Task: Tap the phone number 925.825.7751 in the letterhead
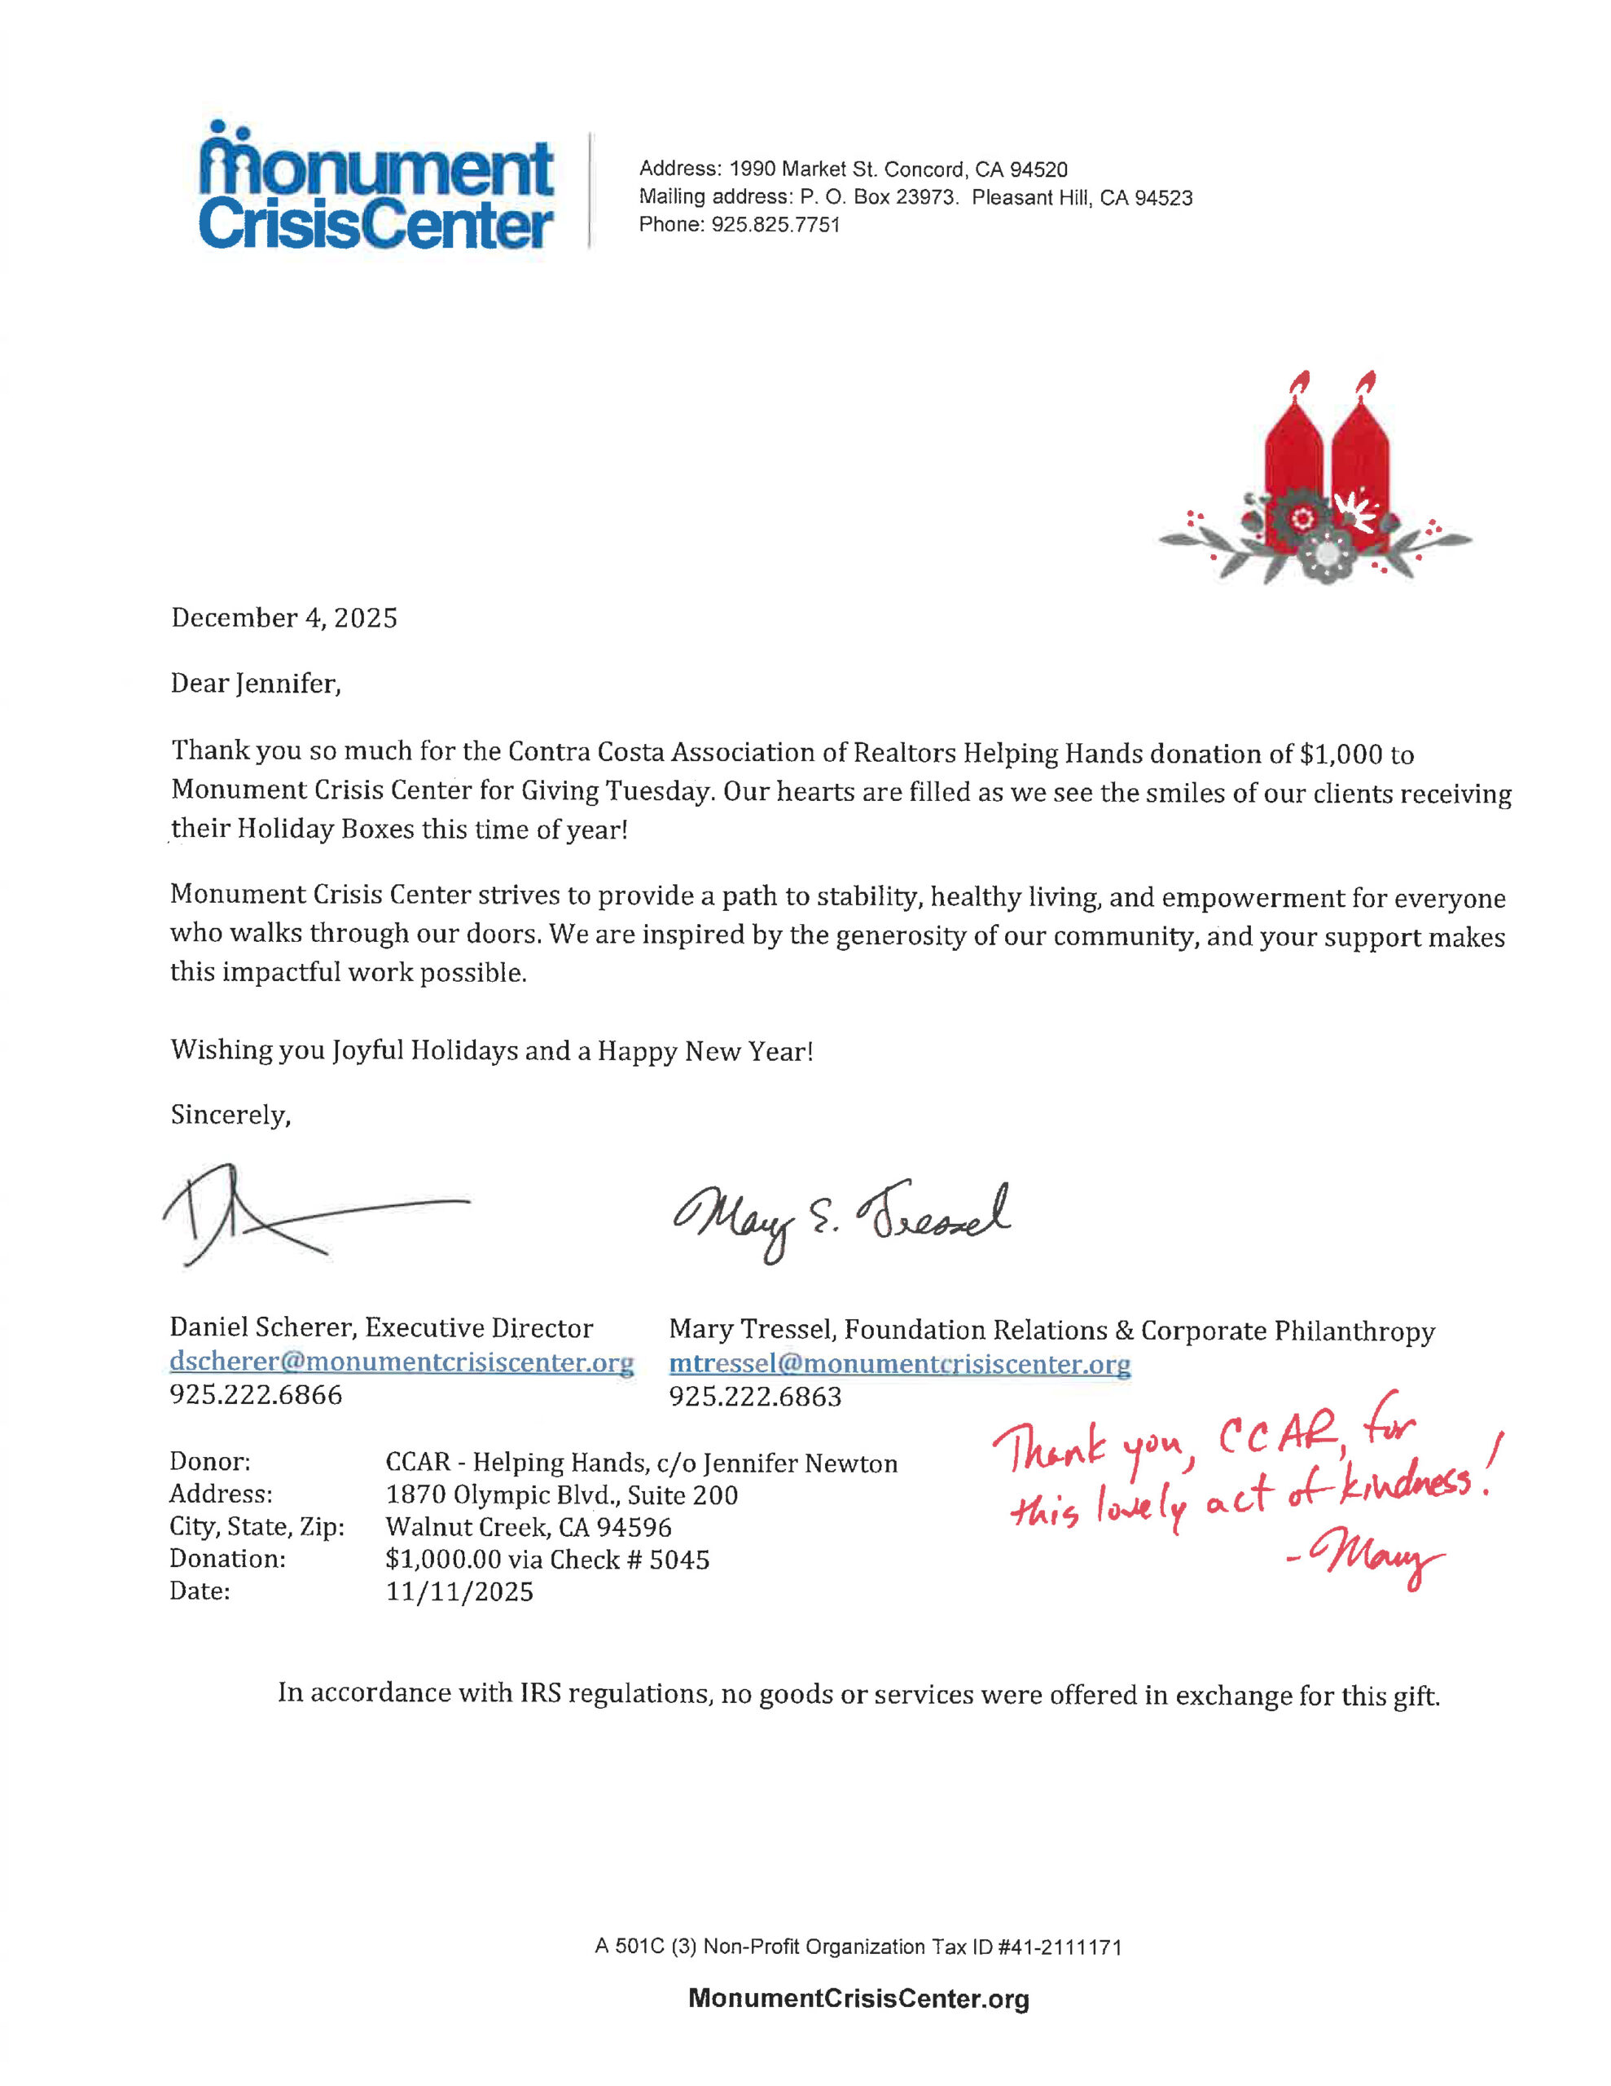coord(775,226)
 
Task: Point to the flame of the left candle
coord(1297,382)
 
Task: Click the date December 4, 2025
coord(283,618)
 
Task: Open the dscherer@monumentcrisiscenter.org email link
coord(401,1362)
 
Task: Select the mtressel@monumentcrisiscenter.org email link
coord(899,1364)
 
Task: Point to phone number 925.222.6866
coord(255,1396)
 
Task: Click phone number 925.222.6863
coord(754,1397)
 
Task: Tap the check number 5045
coord(679,1560)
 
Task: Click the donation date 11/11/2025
coord(459,1592)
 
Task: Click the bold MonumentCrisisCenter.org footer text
coord(858,1999)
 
